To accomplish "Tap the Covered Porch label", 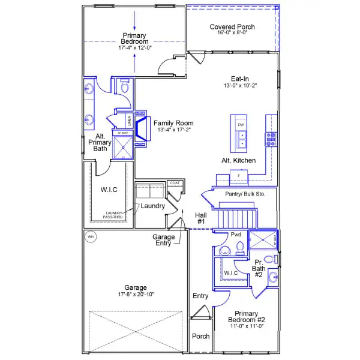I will (x=232, y=27).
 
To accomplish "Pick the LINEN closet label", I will (x=128, y=121).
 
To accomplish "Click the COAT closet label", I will (x=175, y=183).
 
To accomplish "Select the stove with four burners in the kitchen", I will (x=271, y=139).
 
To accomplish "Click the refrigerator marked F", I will (x=239, y=175).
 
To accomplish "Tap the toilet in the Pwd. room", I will (x=241, y=247).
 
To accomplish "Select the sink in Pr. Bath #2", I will (x=274, y=277).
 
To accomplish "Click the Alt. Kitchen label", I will (x=239, y=160).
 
